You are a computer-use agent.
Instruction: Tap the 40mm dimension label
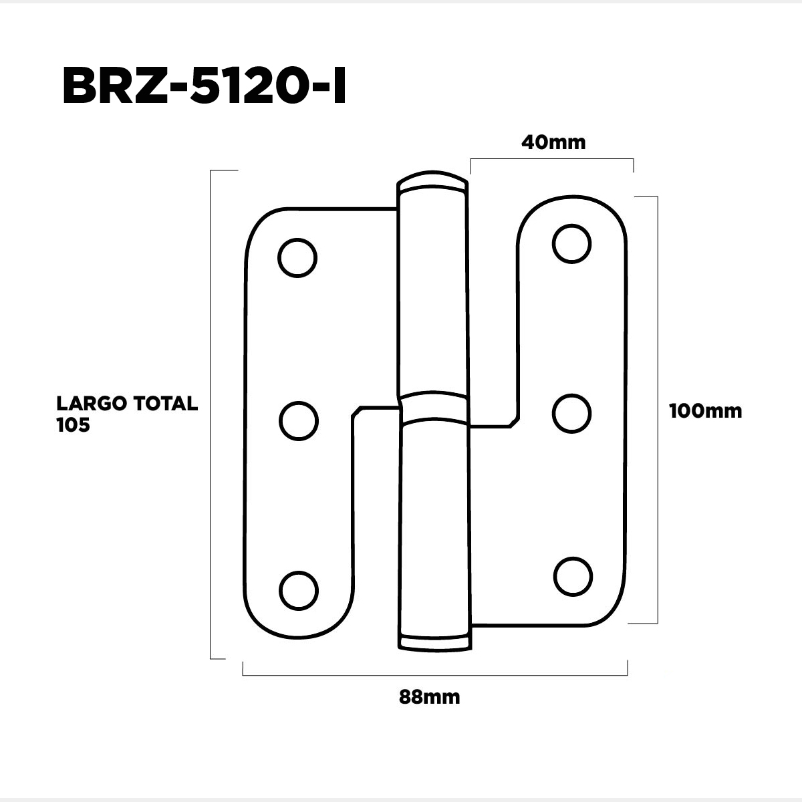pyautogui.click(x=553, y=142)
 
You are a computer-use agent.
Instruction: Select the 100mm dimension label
pyautogui.click(x=706, y=411)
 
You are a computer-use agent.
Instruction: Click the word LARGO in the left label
pyautogui.click(x=92, y=403)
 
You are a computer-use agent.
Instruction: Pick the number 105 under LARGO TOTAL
pyautogui.click(x=74, y=425)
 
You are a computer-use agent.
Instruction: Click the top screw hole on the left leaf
pyautogui.click(x=297, y=258)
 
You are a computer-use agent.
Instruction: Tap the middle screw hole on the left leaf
pyautogui.click(x=298, y=421)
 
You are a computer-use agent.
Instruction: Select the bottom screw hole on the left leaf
pyautogui.click(x=298, y=591)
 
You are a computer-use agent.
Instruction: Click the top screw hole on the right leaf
pyautogui.click(x=572, y=244)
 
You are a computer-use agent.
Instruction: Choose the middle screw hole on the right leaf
pyautogui.click(x=572, y=414)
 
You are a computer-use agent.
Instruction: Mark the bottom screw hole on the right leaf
pyautogui.click(x=573, y=577)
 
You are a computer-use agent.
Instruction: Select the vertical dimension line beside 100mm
pyautogui.click(x=657, y=410)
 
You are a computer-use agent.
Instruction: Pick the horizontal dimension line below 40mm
pyautogui.click(x=552, y=159)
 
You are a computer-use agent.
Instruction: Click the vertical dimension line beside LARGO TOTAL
pyautogui.click(x=211, y=414)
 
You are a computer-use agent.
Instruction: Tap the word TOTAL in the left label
pyautogui.click(x=166, y=403)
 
